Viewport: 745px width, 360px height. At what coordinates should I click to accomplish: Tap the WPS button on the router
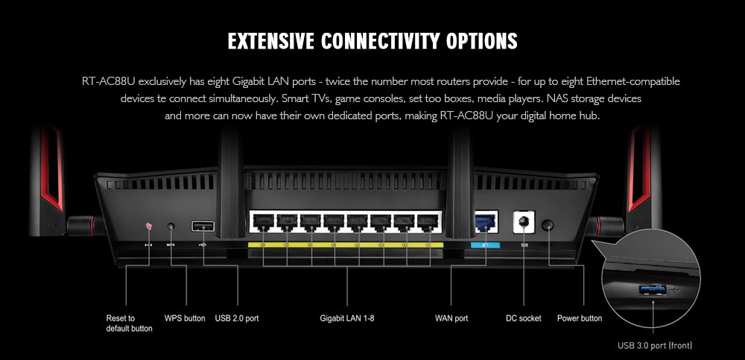click(x=172, y=225)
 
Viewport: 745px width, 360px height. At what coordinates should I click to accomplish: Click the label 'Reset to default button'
click(x=129, y=323)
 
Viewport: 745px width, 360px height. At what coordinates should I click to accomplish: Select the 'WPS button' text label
click(x=185, y=318)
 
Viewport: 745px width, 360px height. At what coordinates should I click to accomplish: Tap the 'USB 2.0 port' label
click(x=236, y=318)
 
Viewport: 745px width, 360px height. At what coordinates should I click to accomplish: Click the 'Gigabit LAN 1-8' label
click(x=347, y=318)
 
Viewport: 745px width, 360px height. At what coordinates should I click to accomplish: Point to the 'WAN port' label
click(x=451, y=318)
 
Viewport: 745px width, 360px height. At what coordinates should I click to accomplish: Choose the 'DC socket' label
click(x=523, y=318)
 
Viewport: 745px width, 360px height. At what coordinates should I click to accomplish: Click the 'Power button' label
click(x=580, y=318)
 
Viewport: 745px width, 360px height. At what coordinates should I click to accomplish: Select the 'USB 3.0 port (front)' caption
click(x=655, y=345)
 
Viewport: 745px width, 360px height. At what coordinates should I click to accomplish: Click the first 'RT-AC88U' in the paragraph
click(x=109, y=80)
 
